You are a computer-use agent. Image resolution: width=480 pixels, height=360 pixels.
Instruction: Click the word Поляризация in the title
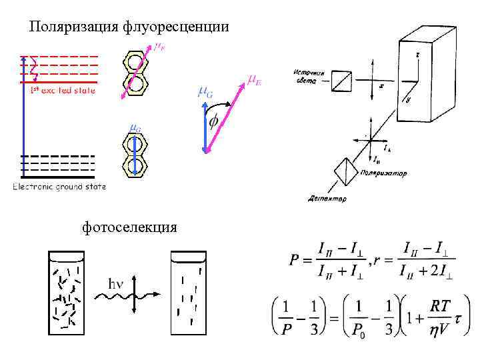click(x=74, y=27)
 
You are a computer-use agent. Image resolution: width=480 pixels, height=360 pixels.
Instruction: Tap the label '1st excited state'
click(x=63, y=89)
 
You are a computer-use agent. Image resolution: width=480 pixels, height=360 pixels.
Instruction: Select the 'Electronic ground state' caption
click(x=59, y=187)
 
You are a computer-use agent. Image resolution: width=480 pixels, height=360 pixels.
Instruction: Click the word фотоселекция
click(x=129, y=227)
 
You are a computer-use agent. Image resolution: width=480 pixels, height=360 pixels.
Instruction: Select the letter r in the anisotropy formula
click(x=377, y=261)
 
